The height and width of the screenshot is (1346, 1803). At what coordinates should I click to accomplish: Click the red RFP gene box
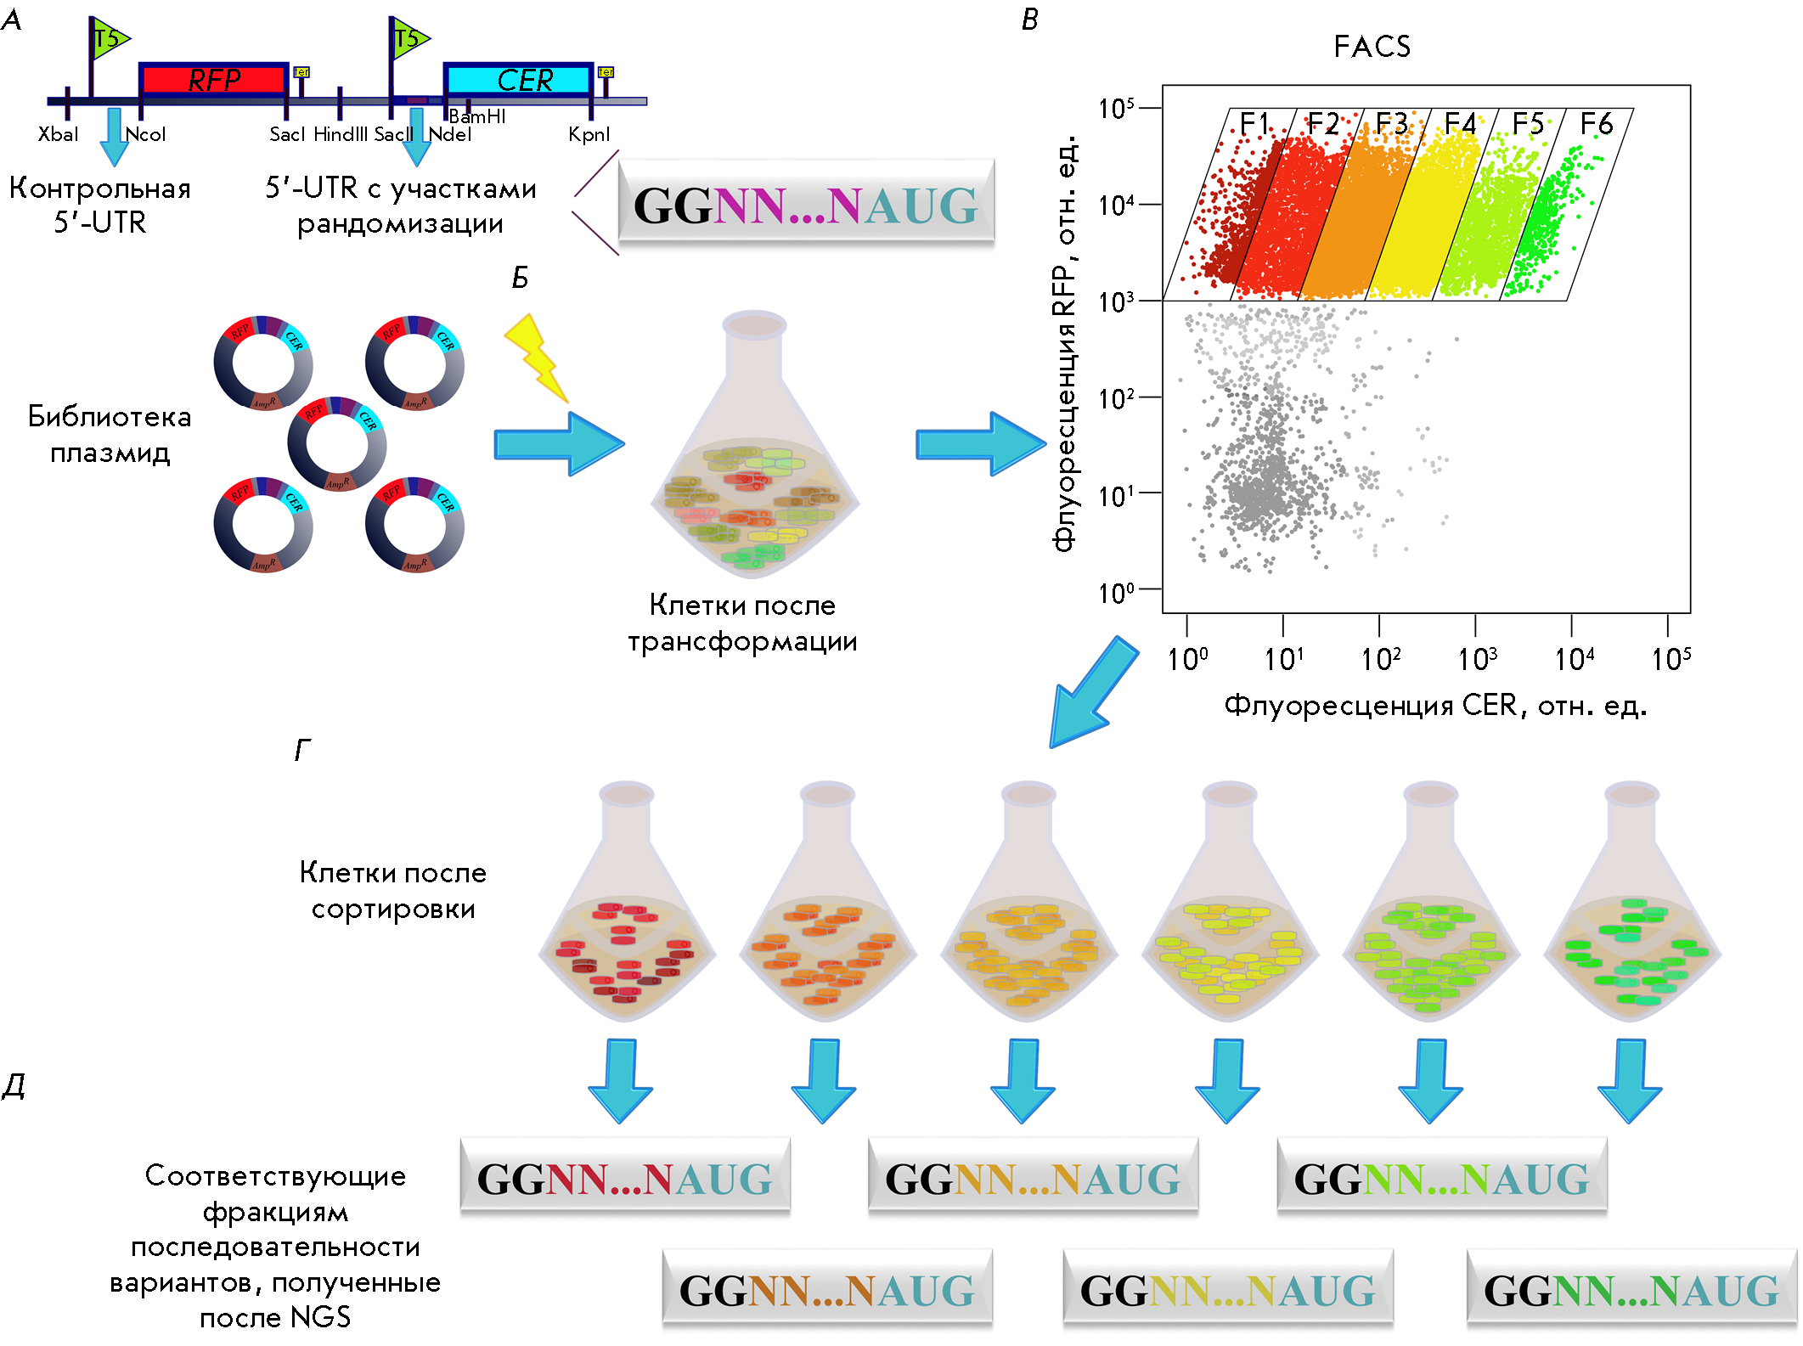[x=213, y=80]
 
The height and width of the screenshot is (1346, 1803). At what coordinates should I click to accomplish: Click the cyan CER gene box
[x=518, y=80]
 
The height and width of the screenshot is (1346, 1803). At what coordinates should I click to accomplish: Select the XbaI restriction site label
[x=58, y=134]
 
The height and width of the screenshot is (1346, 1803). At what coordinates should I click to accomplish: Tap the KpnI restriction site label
[x=589, y=134]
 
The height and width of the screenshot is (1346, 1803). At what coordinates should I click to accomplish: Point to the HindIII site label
[x=341, y=134]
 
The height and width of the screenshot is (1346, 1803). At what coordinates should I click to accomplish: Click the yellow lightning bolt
[x=536, y=358]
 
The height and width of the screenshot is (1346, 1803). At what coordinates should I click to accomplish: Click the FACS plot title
[x=1372, y=47]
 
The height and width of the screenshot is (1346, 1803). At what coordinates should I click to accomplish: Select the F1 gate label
[x=1254, y=124]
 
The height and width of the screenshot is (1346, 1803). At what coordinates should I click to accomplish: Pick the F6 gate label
[x=1596, y=124]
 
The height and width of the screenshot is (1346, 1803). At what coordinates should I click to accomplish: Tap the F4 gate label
[x=1460, y=124]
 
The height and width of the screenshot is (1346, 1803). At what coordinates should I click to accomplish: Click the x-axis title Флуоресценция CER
[x=1435, y=706]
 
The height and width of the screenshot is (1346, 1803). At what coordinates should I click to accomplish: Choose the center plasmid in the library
[x=337, y=444]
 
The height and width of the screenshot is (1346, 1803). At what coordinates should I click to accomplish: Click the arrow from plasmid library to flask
[x=559, y=443]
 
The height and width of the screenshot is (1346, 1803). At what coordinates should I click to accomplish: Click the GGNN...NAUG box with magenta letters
[x=806, y=206]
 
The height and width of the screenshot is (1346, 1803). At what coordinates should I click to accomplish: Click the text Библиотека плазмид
[x=110, y=434]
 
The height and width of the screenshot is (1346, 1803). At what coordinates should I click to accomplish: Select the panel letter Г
[x=302, y=750]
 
